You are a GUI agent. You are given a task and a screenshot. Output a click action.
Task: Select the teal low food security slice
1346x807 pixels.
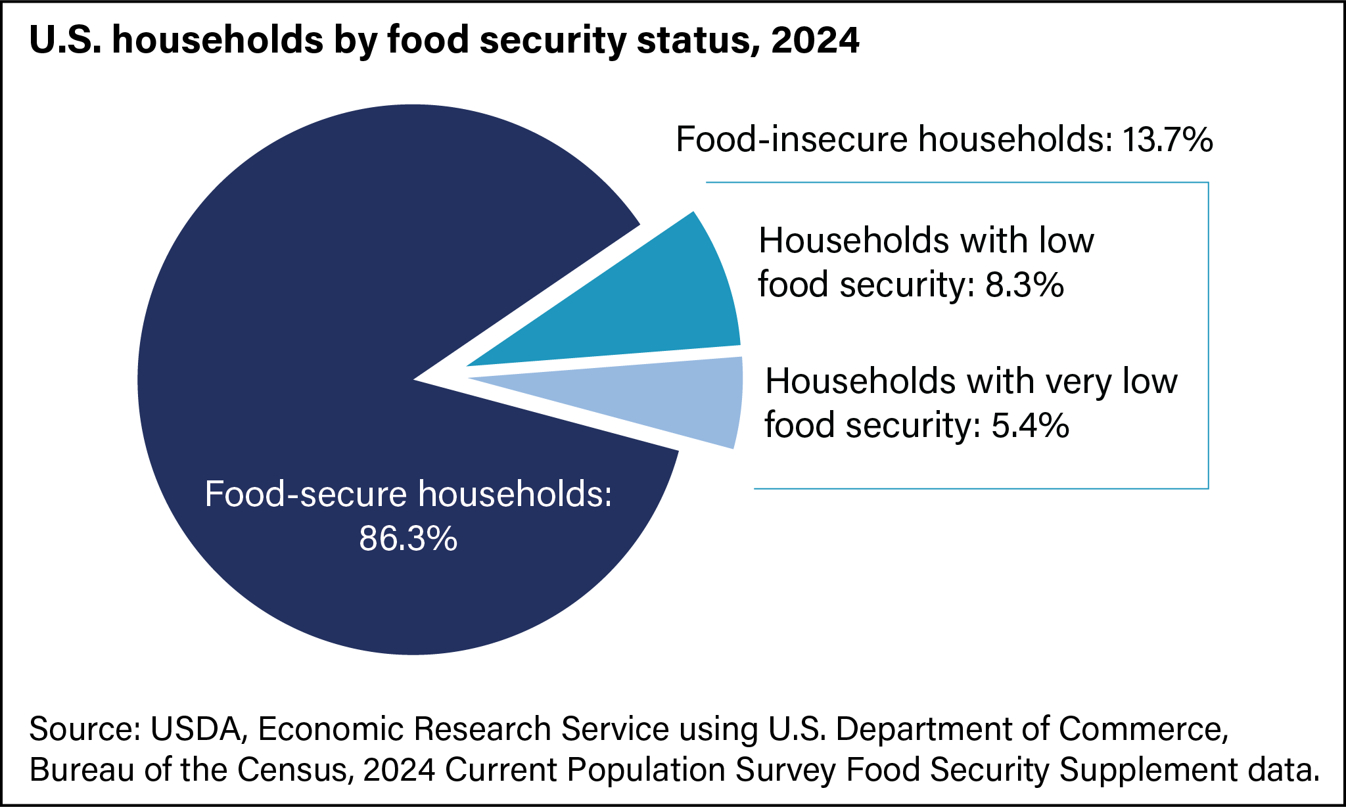coord(657,309)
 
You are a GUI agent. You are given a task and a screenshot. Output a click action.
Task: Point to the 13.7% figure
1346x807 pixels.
coord(1167,140)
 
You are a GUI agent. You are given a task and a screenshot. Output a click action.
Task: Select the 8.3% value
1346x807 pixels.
coord(1024,285)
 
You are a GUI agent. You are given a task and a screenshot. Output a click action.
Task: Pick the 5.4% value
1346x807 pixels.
coord(1030,425)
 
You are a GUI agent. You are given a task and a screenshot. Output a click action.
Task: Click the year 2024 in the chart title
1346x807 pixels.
coord(815,41)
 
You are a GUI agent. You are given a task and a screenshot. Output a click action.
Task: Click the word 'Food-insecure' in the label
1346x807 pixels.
coord(792,140)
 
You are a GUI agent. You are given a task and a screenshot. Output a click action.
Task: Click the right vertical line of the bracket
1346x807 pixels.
coord(1208,335)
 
